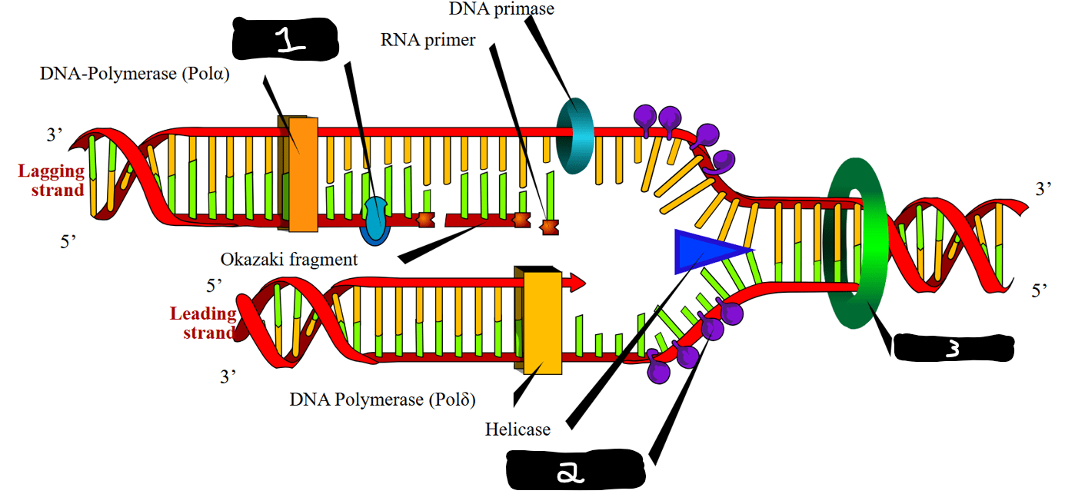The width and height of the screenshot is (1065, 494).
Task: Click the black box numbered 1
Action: (285, 39)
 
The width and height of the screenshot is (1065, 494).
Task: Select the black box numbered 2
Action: (575, 469)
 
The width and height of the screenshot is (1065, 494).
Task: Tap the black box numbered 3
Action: (954, 348)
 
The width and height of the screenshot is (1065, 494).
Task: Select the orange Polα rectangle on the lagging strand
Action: (303, 174)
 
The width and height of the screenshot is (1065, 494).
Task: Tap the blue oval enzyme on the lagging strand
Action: (375, 220)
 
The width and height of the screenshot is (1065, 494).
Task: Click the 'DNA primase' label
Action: (501, 8)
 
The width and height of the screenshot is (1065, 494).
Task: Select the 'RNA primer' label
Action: (428, 40)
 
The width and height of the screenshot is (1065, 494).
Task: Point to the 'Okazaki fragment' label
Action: (288, 260)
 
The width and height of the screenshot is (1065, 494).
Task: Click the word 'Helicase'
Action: (518, 429)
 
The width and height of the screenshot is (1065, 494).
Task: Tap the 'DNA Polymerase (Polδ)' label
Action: (382, 400)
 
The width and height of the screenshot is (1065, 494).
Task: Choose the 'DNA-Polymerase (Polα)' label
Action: (135, 74)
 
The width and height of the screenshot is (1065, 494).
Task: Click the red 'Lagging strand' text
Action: (52, 181)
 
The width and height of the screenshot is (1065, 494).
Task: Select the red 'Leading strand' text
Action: (204, 323)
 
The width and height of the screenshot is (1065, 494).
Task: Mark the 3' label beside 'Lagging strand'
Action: (54, 135)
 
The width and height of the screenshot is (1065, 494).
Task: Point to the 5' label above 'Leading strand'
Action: (214, 286)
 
